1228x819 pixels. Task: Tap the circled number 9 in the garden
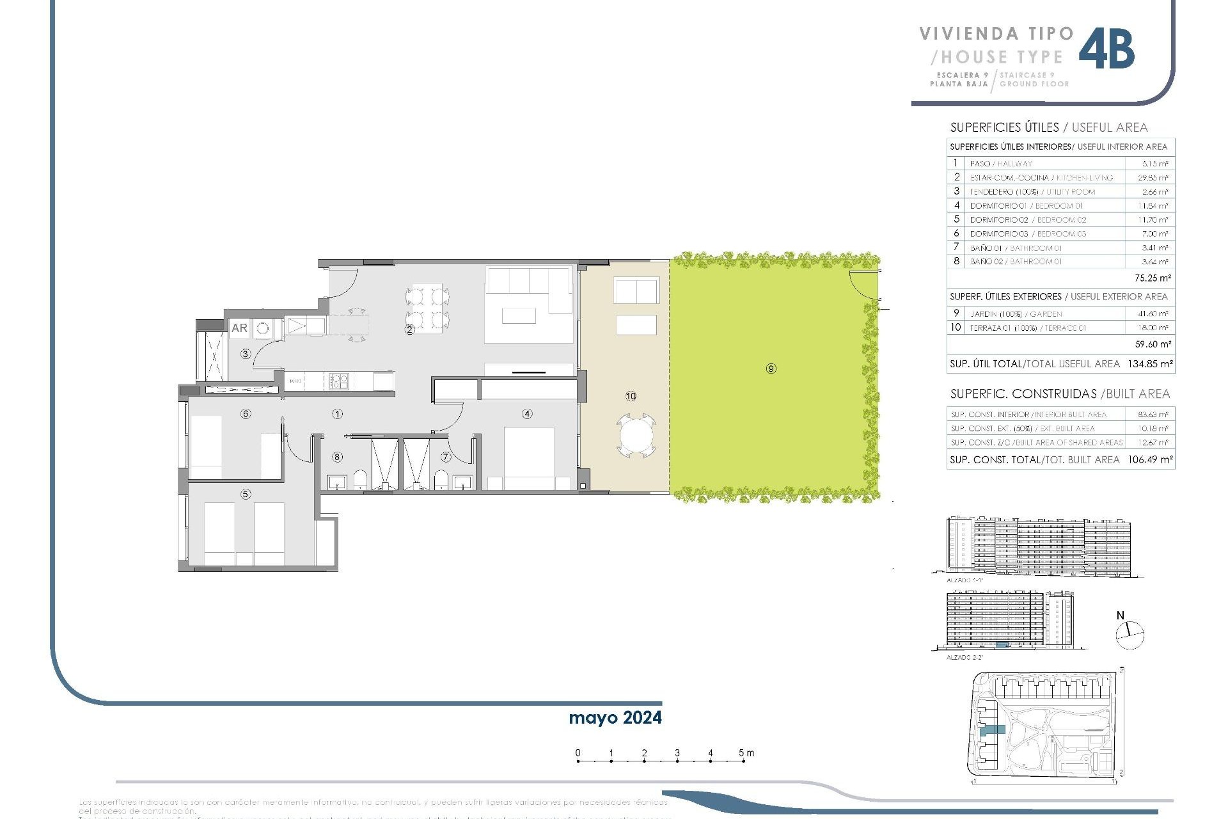click(x=771, y=369)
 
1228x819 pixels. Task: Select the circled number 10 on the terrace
click(x=631, y=396)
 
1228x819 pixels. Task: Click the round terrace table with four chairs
click(x=636, y=436)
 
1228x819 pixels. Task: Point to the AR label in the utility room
click(x=239, y=328)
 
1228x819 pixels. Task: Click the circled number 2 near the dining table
click(x=409, y=330)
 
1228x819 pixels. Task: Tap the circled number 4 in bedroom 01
click(x=527, y=414)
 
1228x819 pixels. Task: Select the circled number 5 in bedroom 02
click(x=246, y=494)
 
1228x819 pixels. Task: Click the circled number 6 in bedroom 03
click(x=246, y=414)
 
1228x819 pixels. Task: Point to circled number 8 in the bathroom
click(x=337, y=457)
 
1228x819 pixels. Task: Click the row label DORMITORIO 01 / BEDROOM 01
click(x=1026, y=206)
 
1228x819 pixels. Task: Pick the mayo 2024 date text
click(x=615, y=718)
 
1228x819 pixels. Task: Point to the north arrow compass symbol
click(x=1130, y=635)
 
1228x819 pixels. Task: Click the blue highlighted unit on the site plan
click(x=993, y=729)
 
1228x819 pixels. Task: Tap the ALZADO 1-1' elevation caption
click(x=964, y=580)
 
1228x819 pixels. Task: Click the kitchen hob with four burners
click(x=338, y=381)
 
